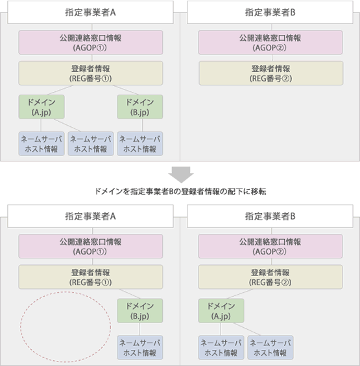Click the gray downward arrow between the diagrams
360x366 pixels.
(181, 174)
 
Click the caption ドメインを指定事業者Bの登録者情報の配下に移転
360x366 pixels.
(180, 192)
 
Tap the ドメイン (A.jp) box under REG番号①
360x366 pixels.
(42, 107)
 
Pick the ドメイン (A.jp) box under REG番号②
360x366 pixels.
(221, 311)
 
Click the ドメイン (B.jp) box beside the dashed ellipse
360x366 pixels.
(140, 311)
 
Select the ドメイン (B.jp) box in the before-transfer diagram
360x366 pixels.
(140, 107)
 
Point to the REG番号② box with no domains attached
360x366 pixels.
(271, 73)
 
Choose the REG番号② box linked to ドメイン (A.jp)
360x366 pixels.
(270, 277)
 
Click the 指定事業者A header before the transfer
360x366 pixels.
(90, 12)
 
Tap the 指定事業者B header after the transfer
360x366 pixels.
(270, 216)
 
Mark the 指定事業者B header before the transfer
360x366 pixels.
(270, 12)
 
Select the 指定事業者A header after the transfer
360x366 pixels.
(90, 216)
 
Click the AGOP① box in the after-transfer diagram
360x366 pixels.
(91, 246)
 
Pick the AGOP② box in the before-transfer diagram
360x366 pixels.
(270, 43)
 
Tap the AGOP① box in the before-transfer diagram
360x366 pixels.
(91, 43)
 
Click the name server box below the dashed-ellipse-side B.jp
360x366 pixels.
(140, 348)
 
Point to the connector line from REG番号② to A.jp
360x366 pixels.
(239, 294)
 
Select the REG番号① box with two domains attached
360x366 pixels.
(91, 73)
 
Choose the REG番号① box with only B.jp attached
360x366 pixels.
(91, 277)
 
